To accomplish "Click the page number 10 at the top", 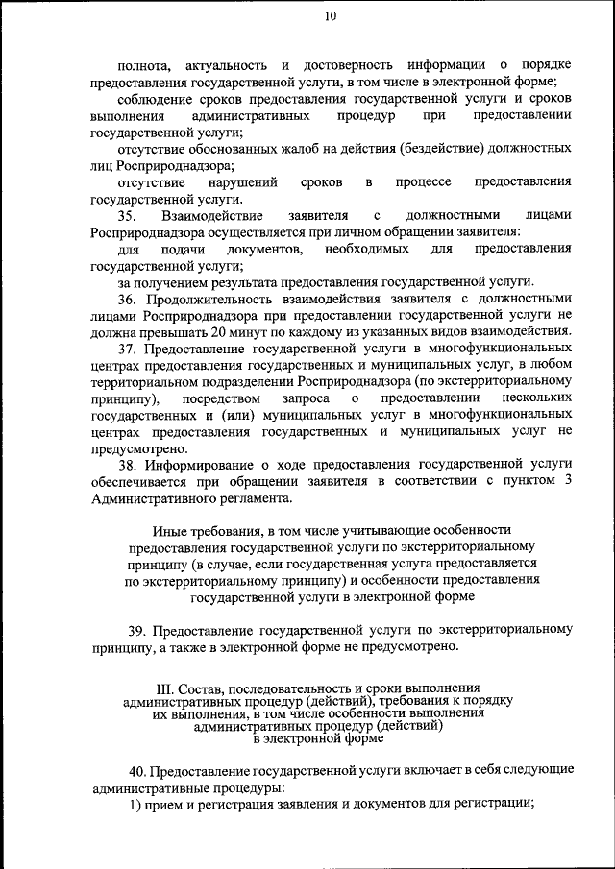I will pos(331,15).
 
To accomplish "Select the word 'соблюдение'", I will pos(156,98).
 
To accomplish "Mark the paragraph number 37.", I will pos(128,348).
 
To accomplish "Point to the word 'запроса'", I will pos(304,397).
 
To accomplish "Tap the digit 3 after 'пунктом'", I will pos(569,480).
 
